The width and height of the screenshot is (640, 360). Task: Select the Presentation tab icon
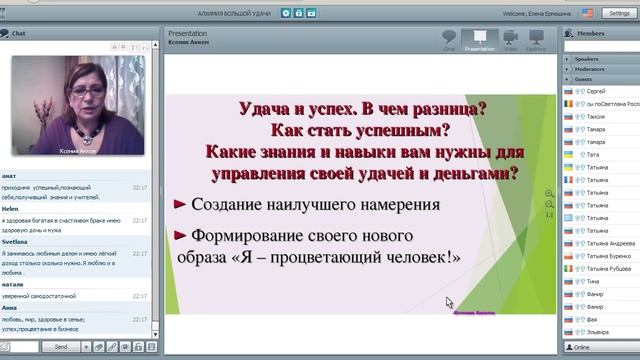[x=480, y=39]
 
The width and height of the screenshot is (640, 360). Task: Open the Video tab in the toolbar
[x=509, y=39]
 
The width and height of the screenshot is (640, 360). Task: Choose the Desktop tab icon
[x=536, y=39]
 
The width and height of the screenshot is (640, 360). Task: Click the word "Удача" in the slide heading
[x=264, y=110]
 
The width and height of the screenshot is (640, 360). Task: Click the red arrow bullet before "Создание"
[x=181, y=205]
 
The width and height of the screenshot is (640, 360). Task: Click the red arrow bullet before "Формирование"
[x=181, y=235]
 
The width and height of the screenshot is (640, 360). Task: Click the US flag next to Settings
[x=585, y=13]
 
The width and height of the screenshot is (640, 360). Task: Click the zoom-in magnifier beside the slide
[x=549, y=194]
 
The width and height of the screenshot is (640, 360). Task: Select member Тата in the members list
[x=592, y=155]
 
